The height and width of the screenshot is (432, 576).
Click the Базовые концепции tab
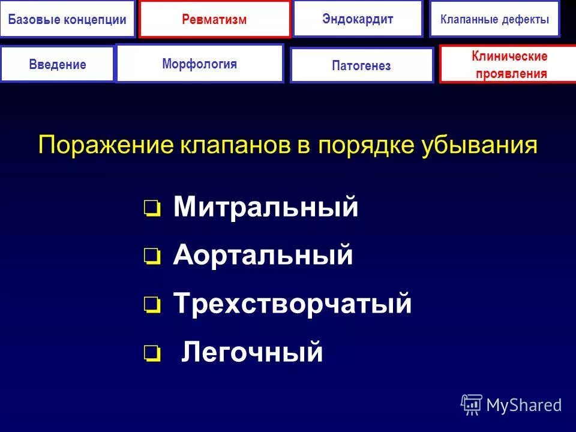(x=67, y=19)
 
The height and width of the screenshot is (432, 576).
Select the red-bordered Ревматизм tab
(x=214, y=19)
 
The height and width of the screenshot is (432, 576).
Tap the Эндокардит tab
(x=358, y=19)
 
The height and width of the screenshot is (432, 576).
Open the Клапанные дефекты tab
(x=494, y=19)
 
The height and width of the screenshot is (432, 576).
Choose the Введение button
(x=58, y=64)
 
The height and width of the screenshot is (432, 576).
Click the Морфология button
(x=199, y=64)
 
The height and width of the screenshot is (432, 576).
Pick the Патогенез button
(x=361, y=65)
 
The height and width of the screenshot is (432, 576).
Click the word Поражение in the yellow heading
(x=106, y=146)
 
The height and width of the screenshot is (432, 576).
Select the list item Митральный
(x=266, y=208)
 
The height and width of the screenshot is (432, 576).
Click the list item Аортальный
(x=263, y=256)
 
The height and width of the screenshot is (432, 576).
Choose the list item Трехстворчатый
(x=292, y=304)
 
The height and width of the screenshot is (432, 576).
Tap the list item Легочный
(x=252, y=352)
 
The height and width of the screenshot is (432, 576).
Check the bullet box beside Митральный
(x=152, y=209)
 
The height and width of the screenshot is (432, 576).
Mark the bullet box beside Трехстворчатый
(x=152, y=306)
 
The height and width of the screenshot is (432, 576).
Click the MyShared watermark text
(x=524, y=405)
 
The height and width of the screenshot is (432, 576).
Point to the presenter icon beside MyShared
(x=472, y=405)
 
